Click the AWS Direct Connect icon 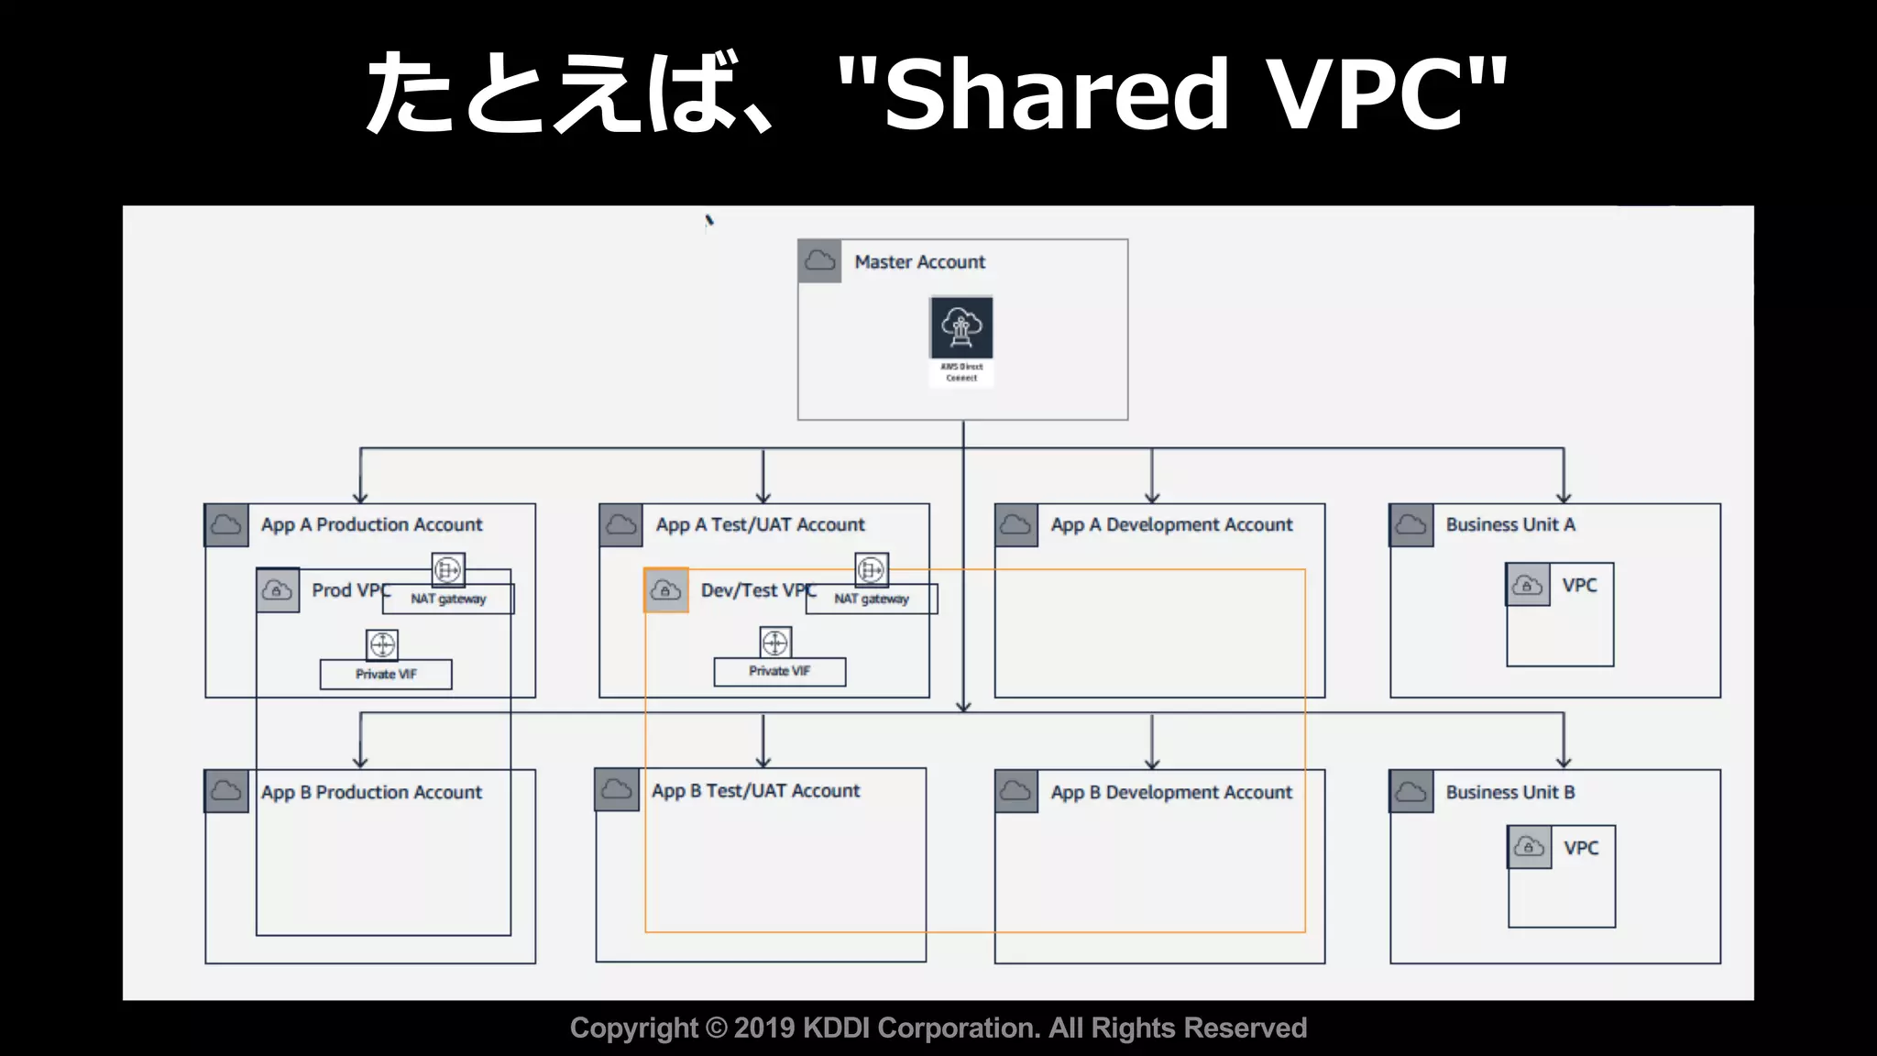click(x=961, y=327)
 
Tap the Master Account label click(x=919, y=262)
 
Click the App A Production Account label click(x=371, y=524)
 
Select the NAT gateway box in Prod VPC click(x=448, y=599)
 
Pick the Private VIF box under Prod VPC click(x=386, y=674)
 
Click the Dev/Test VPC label click(x=757, y=590)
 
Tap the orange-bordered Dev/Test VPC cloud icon click(x=666, y=590)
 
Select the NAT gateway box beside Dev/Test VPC click(x=872, y=599)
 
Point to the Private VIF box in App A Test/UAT click(x=780, y=671)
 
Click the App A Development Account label click(x=1171, y=524)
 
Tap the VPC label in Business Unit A click(x=1579, y=585)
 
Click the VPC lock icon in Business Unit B click(x=1529, y=847)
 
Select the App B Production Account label click(x=371, y=792)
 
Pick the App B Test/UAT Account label click(x=756, y=790)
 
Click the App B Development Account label click(x=1171, y=792)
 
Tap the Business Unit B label click(x=1510, y=792)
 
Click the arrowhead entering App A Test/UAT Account click(x=763, y=497)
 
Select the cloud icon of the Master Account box click(x=819, y=261)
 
